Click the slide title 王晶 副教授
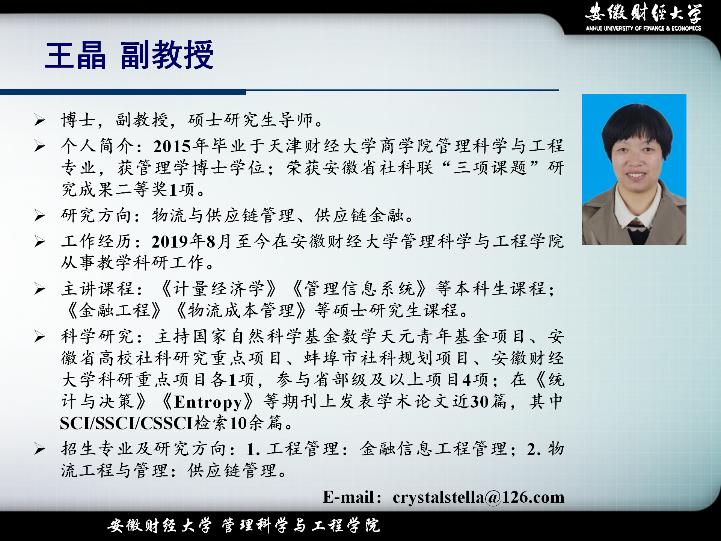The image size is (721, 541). click(130, 55)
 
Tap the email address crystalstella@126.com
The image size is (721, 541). click(478, 497)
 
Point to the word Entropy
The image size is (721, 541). click(208, 402)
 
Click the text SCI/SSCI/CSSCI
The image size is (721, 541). click(127, 423)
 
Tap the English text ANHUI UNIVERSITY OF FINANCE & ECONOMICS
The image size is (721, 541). click(643, 28)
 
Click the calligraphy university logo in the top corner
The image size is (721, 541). click(643, 12)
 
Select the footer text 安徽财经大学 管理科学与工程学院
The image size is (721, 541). click(243, 525)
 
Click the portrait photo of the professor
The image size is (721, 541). click(634, 169)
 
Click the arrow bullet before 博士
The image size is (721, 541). click(40, 120)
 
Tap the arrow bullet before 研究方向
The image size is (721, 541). click(40, 216)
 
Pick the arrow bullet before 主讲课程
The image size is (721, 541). click(40, 289)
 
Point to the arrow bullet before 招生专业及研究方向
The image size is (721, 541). click(40, 449)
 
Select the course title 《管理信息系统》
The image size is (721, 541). click(359, 289)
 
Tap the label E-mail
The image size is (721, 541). click(348, 497)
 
